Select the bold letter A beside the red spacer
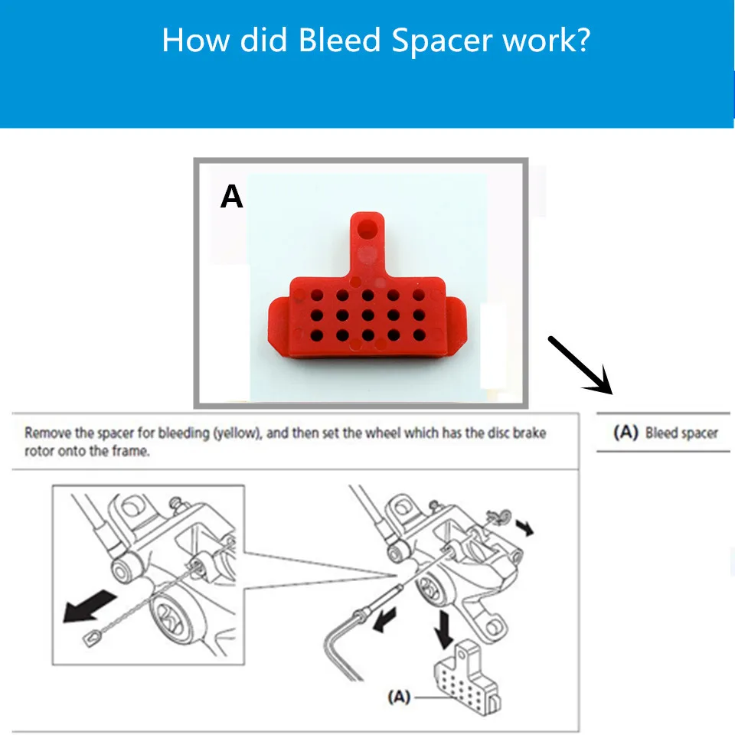pyautogui.click(x=231, y=198)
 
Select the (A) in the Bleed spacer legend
pyautogui.click(x=626, y=433)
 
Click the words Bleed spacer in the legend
pyautogui.click(x=681, y=433)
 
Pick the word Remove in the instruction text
pyautogui.click(x=48, y=433)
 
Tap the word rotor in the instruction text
pyautogui.click(x=39, y=452)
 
